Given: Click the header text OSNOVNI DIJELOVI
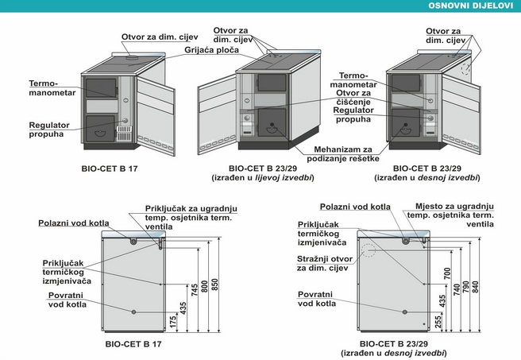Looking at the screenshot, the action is point(470,6).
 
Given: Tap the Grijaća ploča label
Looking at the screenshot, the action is point(211,50).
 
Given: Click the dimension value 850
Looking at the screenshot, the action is point(215,285).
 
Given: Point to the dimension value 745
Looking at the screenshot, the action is point(195,289).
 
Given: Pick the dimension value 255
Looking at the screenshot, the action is point(438,322).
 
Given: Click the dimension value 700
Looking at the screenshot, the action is point(447,273).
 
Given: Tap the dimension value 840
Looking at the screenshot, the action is point(476,288).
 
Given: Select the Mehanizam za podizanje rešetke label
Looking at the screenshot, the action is point(343,154).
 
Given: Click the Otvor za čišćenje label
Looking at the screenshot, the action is point(353,98).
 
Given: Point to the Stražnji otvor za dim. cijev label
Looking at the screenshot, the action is point(325,263).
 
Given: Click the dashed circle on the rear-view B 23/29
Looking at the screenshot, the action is point(369,250).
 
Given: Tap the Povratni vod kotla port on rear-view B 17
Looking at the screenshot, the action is point(133,312).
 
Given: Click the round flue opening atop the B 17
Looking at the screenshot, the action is point(133,58).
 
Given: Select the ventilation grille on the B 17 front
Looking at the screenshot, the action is point(124,134).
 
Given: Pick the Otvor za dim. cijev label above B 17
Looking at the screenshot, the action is point(160,37).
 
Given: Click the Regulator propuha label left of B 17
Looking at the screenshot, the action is point(49,130).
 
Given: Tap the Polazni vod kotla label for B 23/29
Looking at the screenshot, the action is point(355,207).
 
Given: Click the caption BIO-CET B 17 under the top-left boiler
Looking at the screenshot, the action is point(110,168).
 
